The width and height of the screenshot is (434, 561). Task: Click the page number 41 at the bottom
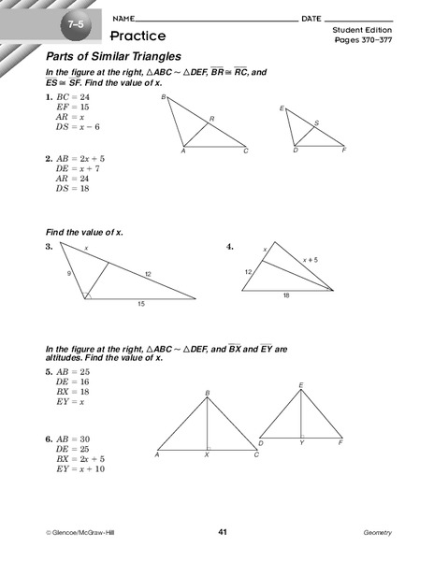tap(223, 532)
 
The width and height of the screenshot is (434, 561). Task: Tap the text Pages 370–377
tap(360, 41)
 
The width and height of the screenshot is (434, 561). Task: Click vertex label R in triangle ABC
tap(212, 119)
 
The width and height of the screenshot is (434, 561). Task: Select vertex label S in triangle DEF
tap(316, 123)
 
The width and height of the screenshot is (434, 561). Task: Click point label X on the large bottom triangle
tap(207, 455)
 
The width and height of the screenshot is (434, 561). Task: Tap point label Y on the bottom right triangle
tap(301, 443)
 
